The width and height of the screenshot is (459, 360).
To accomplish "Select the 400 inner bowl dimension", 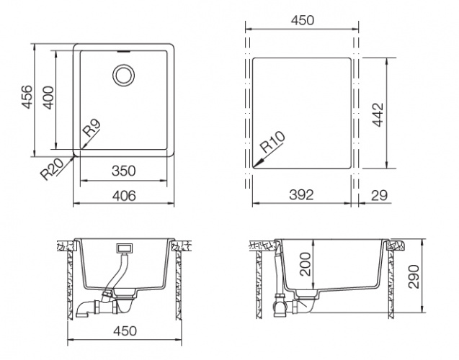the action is click(x=48, y=98).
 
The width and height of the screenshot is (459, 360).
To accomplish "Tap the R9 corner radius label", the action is click(x=92, y=128).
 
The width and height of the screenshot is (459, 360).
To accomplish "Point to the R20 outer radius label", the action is click(x=52, y=169).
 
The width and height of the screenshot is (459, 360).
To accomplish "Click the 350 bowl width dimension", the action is click(x=123, y=171).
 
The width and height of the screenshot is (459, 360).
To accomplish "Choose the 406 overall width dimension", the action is click(x=124, y=196).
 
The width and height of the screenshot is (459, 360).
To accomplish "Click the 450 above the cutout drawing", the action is click(x=303, y=20).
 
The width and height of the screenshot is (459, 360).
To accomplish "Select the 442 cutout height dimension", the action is click(x=378, y=114).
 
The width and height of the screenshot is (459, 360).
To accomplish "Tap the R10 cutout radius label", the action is click(x=273, y=142).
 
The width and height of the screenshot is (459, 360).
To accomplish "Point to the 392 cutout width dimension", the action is click(x=301, y=195).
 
